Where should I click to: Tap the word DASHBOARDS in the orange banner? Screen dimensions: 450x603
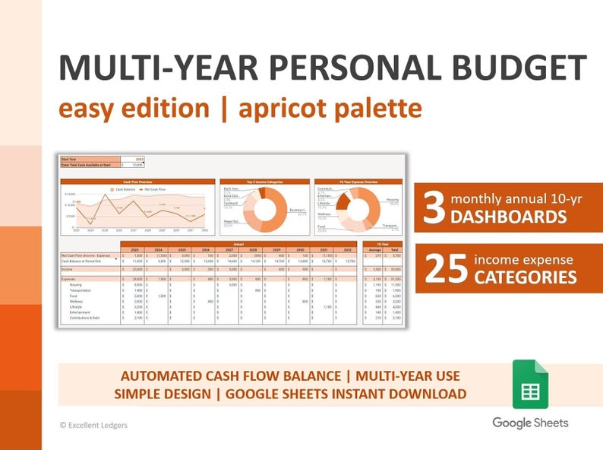point(509,218)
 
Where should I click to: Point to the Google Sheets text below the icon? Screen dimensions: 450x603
point(530,423)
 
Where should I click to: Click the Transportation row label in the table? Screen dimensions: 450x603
point(81,290)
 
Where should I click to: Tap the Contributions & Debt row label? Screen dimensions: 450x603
point(86,318)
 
